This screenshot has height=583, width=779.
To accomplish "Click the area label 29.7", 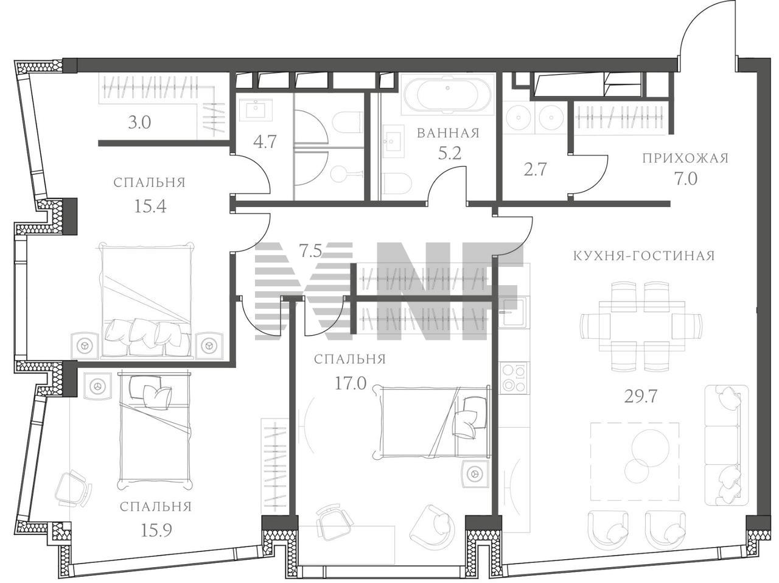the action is tap(641, 397).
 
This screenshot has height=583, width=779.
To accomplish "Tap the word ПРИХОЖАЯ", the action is tap(685, 158).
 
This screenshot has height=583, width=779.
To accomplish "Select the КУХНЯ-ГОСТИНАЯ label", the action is tap(644, 256).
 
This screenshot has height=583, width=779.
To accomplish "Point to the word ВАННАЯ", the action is tap(448, 133).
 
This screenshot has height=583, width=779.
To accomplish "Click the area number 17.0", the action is tap(351, 384).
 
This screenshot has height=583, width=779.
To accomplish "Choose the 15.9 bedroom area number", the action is tap(156, 531).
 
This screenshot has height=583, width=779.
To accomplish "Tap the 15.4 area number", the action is tap(150, 206).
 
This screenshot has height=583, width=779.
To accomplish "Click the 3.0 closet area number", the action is tap(139, 122).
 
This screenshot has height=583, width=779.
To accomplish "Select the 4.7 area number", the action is tap(265, 142).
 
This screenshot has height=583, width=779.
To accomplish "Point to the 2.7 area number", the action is tap(535, 169).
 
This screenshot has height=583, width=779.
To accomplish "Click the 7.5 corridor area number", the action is tap(310, 252).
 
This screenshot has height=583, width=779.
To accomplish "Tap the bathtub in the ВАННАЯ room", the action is tap(449, 94).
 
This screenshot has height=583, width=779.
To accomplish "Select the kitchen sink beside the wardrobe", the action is tap(512, 313).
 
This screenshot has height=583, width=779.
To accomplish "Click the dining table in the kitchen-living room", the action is tap(641, 326).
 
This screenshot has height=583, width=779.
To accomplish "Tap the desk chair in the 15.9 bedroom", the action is tap(74, 489).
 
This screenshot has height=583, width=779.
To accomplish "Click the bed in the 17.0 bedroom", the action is tap(431, 422).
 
